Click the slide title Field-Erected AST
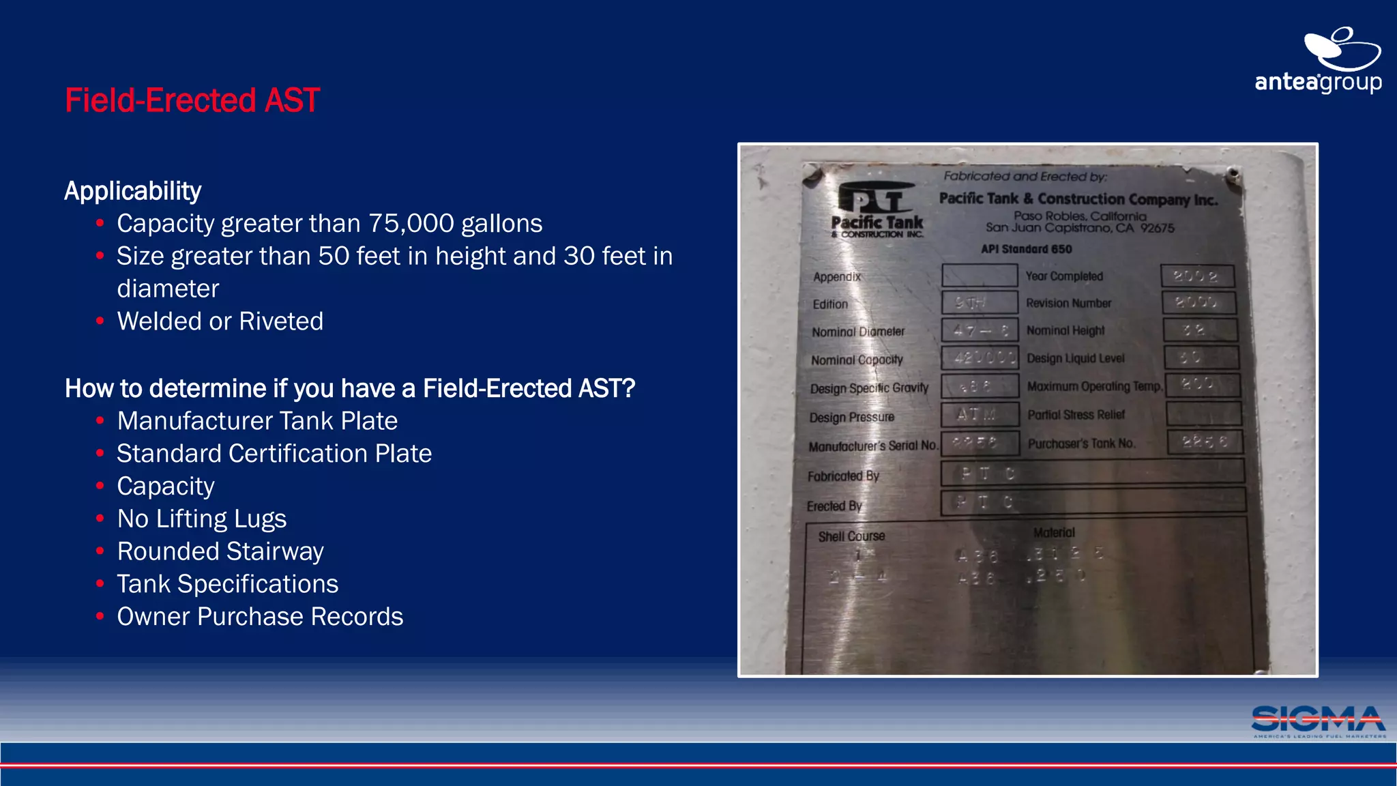(x=192, y=100)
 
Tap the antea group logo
(x=1318, y=61)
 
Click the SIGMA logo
(x=1318, y=721)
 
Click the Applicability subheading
(x=132, y=191)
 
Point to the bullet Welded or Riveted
(x=220, y=321)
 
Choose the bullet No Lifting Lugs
(x=201, y=519)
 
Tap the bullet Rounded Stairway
(x=220, y=551)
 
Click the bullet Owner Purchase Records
(x=260, y=617)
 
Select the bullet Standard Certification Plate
(x=274, y=454)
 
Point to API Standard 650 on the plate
(x=1026, y=249)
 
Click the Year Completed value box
(x=1197, y=276)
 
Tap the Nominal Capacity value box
(x=980, y=358)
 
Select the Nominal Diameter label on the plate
(x=857, y=332)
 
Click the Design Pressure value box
(x=980, y=414)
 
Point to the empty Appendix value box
(x=980, y=276)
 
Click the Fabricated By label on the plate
(x=843, y=476)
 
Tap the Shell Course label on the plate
(x=851, y=536)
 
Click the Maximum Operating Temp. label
(x=1094, y=386)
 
